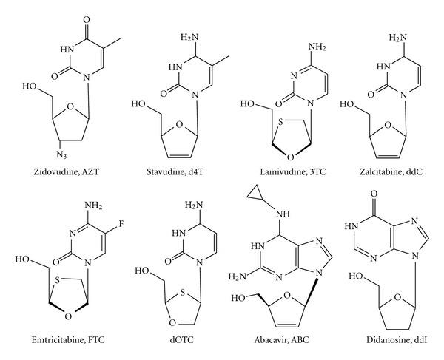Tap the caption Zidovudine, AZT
click(58, 172)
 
